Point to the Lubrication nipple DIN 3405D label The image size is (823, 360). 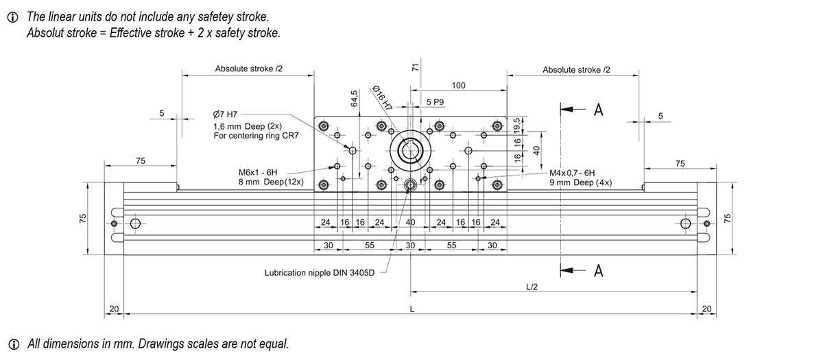(x=320, y=272)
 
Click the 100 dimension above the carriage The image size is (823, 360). (x=458, y=85)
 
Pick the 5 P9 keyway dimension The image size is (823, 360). (x=435, y=101)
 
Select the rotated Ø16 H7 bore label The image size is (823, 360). (x=382, y=98)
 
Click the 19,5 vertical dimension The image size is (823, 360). (x=518, y=124)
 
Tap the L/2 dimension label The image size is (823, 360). (x=532, y=287)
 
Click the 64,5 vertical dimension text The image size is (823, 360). (x=355, y=97)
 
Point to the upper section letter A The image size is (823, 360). (x=598, y=110)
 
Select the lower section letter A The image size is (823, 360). (x=598, y=272)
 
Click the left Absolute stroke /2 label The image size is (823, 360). (x=248, y=69)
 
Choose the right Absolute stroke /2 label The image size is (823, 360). (x=576, y=69)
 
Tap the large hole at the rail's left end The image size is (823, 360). (x=134, y=224)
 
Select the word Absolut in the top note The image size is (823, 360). (x=44, y=33)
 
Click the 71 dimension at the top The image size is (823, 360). (x=415, y=67)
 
